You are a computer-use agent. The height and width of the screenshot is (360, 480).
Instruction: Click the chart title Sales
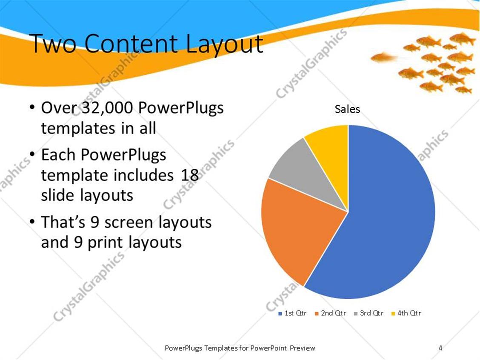click(347, 109)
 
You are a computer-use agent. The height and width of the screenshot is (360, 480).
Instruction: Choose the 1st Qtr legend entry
click(292, 313)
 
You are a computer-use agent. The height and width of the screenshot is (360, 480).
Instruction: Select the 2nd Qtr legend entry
click(330, 313)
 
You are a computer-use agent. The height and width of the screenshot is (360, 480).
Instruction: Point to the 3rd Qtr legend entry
click(369, 313)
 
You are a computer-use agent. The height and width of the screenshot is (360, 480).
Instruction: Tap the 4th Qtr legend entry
click(406, 313)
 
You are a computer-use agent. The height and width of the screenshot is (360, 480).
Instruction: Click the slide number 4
click(440, 348)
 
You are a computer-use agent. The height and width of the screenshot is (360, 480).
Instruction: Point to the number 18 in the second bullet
click(189, 175)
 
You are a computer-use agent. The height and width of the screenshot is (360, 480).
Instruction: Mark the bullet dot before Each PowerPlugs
click(33, 155)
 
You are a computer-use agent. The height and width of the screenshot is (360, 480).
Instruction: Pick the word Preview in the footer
click(303, 348)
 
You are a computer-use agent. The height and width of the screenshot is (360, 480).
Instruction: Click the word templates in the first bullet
click(77, 128)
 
